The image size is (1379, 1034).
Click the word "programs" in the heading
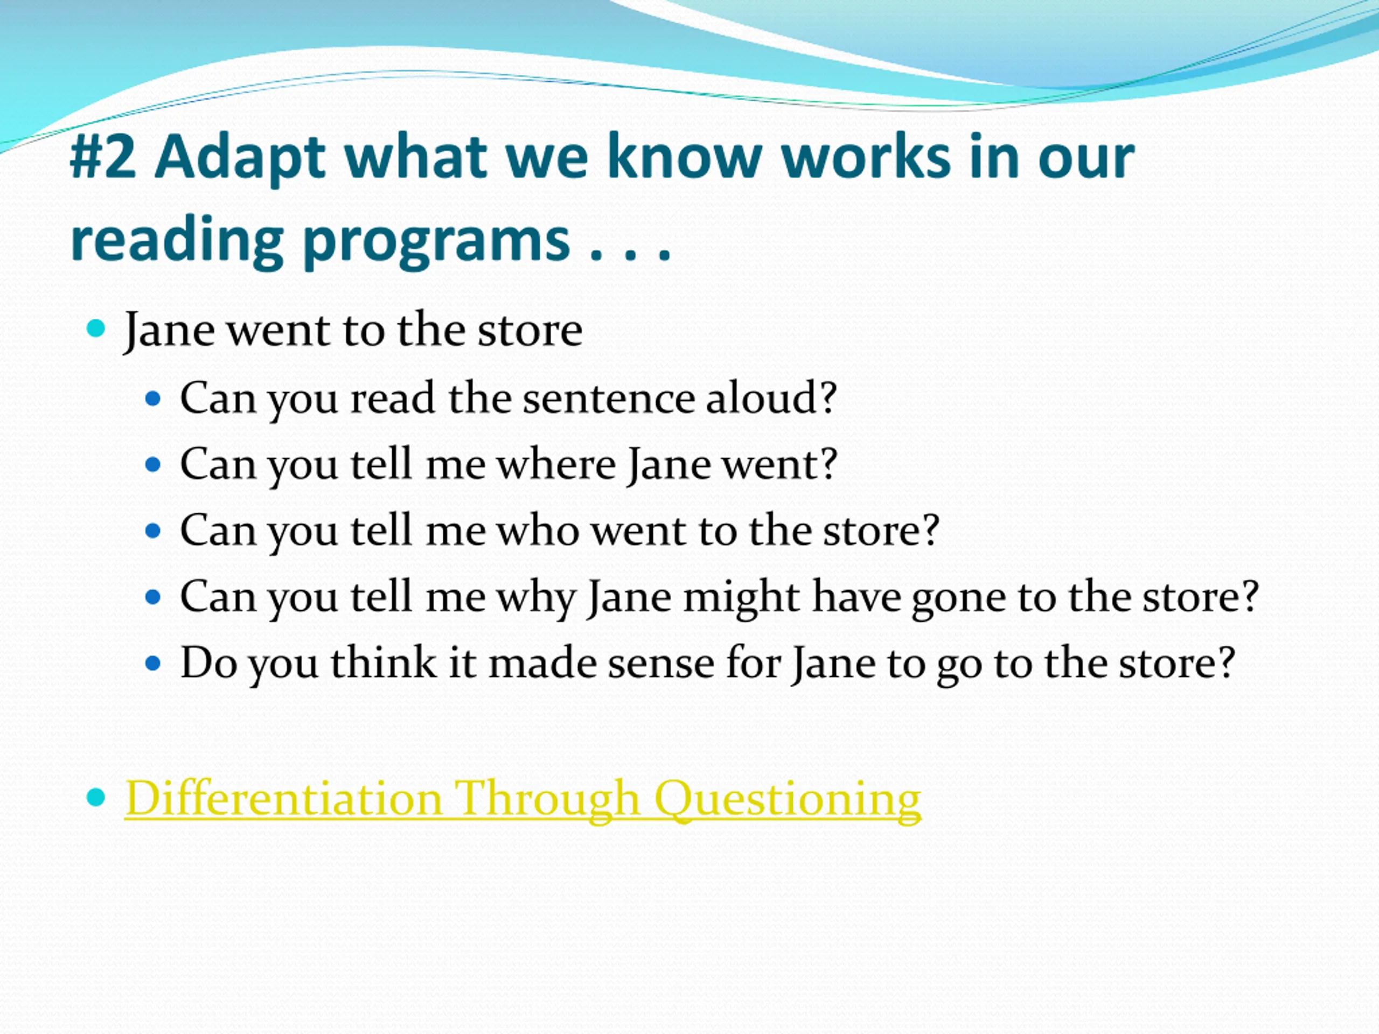[436, 242]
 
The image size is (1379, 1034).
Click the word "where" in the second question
[556, 464]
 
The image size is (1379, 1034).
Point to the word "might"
[741, 599]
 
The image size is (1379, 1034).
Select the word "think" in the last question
[383, 662]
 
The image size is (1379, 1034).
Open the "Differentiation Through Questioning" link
[523, 799]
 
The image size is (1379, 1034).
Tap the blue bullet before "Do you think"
[153, 663]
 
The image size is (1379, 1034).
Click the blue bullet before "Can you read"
[153, 399]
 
